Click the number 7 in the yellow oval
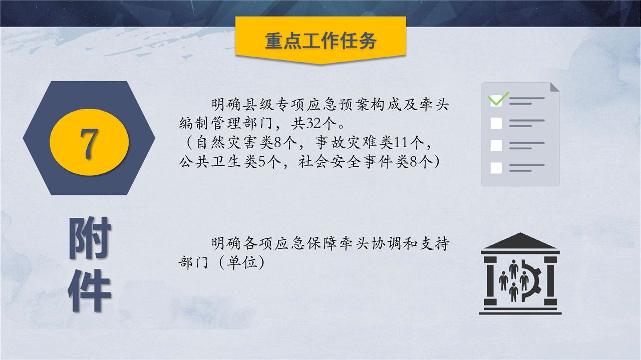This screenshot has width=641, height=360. [x=89, y=143]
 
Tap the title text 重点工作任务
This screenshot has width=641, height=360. [x=320, y=41]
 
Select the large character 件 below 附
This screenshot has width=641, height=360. [x=90, y=290]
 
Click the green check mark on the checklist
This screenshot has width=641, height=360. [x=498, y=99]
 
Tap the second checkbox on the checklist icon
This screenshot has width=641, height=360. [x=496, y=123]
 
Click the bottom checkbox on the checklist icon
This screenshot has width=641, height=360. [x=496, y=168]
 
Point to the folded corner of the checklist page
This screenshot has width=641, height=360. [x=554, y=88]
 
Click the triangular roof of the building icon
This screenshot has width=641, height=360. [x=520, y=241]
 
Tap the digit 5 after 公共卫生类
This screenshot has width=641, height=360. [x=261, y=162]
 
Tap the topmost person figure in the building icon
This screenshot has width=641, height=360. [x=514, y=268]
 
